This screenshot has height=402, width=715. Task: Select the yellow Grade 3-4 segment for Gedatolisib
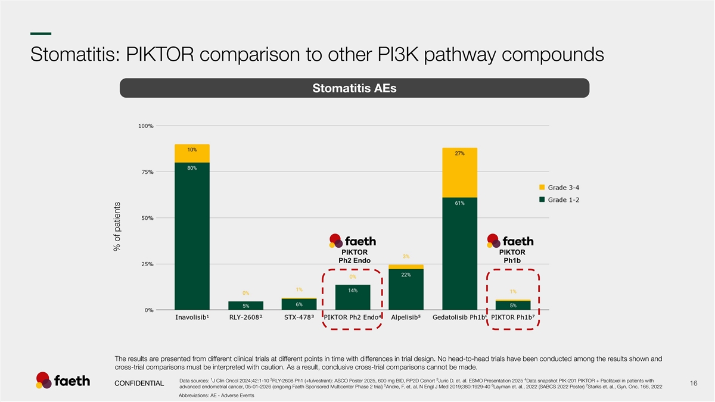[x=459, y=173]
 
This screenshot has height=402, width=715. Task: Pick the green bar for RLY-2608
[x=245, y=306]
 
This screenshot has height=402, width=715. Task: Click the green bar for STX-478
[x=299, y=304]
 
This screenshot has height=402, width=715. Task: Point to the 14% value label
[x=352, y=291]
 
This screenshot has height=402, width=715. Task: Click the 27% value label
[x=459, y=154]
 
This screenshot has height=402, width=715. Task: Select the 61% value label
[x=459, y=203]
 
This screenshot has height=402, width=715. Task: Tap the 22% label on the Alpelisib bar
[x=406, y=275]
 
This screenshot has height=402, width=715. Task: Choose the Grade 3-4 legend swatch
[x=542, y=188]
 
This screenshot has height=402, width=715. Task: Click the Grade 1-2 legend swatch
[x=542, y=200]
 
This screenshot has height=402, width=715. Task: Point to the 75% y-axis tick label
[x=146, y=172]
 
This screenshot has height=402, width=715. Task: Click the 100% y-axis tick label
[x=146, y=126]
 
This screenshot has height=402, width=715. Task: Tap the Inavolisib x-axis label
[x=192, y=317]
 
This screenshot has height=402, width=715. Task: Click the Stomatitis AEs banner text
[x=355, y=88]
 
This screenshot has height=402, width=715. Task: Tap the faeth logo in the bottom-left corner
[x=63, y=381]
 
